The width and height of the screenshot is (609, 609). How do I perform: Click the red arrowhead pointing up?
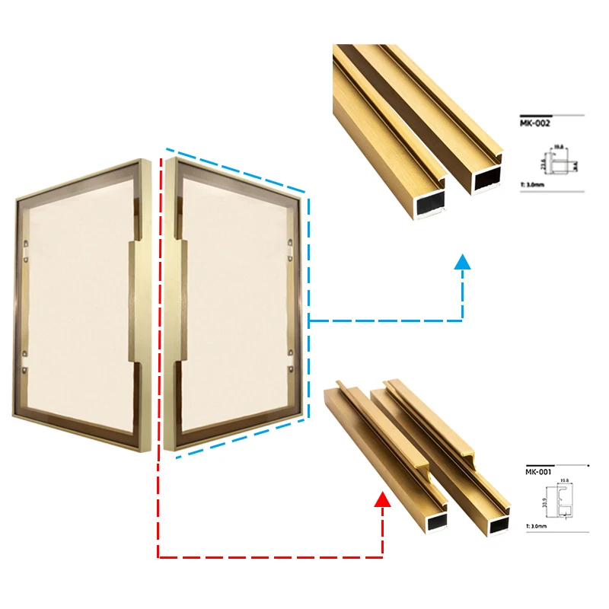(x=383, y=499)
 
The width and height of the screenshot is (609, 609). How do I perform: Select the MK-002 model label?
(x=536, y=122)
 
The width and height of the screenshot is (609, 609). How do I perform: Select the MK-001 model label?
(x=537, y=471)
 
